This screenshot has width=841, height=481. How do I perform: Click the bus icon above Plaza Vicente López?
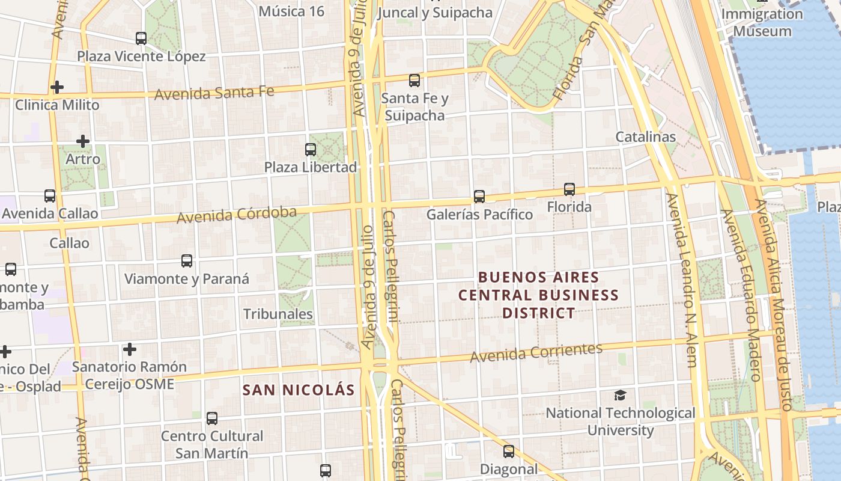click(x=141, y=38)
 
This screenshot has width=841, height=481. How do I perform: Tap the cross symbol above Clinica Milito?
click(x=57, y=87)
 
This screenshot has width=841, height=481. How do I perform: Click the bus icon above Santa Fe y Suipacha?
click(x=414, y=80)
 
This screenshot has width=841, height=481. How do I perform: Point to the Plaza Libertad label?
click(x=311, y=167)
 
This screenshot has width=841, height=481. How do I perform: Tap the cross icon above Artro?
click(x=83, y=142)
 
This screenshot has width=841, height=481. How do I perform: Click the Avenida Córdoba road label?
click(x=237, y=215)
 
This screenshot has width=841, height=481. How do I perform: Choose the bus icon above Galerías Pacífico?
click(x=479, y=196)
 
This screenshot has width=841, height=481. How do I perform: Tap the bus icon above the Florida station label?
click(x=569, y=189)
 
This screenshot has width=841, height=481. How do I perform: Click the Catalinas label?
click(x=646, y=136)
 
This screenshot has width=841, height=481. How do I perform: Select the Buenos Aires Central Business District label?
click(x=538, y=295)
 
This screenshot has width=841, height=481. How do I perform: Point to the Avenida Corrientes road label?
click(x=536, y=353)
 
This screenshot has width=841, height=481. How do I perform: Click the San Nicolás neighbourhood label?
click(x=299, y=390)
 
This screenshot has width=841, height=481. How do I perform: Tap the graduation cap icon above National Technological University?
click(x=620, y=395)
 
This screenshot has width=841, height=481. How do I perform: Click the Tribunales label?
click(x=278, y=314)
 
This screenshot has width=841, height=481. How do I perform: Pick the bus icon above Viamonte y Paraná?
click(x=187, y=261)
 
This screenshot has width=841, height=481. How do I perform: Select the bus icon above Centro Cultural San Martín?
click(x=211, y=418)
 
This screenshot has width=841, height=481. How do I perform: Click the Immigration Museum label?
click(x=763, y=22)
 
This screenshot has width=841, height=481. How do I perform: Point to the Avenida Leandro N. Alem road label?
click(x=682, y=280)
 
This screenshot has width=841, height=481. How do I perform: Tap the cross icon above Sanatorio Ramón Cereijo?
click(x=129, y=349)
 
